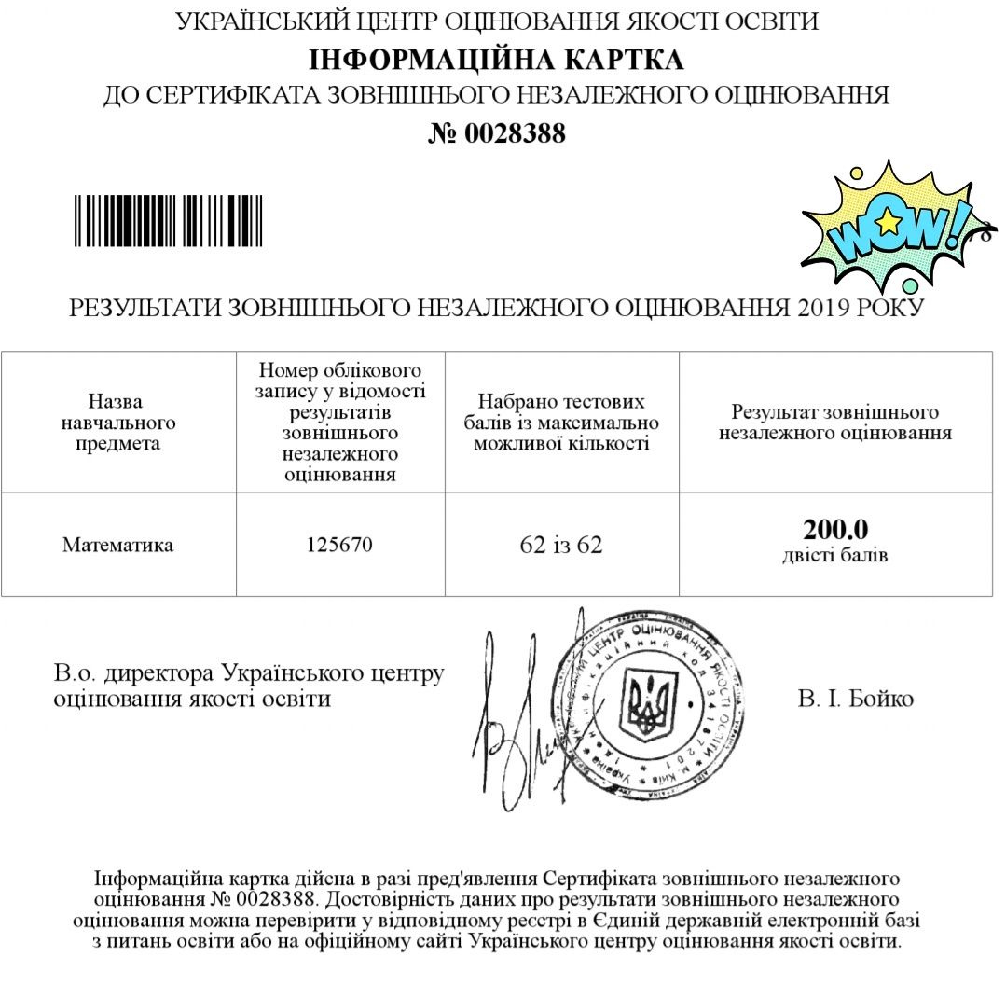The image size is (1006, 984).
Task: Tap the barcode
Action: (x=169, y=220)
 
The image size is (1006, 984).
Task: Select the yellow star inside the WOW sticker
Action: (x=889, y=222)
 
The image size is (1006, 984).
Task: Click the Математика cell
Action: (x=117, y=545)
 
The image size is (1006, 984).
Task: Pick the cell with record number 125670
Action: (x=339, y=545)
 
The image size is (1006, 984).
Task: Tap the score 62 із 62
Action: (x=561, y=545)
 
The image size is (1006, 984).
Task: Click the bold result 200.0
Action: (x=835, y=530)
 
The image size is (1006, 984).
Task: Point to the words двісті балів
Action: (x=835, y=556)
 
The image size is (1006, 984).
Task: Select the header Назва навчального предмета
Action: (x=117, y=423)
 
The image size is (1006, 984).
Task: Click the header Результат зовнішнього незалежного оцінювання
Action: (x=835, y=423)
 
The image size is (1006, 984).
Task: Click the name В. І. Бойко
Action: (x=855, y=699)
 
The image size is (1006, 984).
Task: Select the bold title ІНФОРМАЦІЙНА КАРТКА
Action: (x=496, y=60)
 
